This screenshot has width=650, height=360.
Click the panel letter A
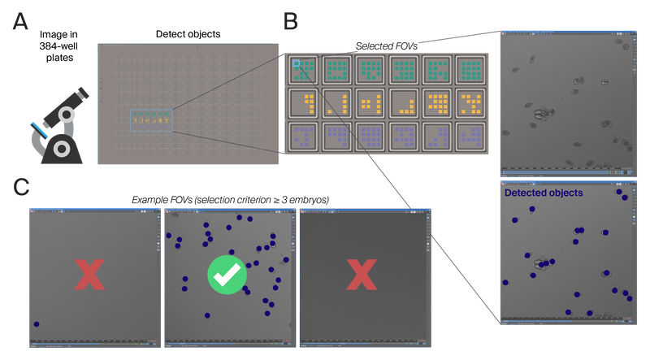point(20,22)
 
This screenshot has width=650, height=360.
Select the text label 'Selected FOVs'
point(387,46)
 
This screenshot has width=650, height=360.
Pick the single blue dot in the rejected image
point(37,324)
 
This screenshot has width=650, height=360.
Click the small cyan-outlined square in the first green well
point(297,63)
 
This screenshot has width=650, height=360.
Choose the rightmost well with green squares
point(470,71)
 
